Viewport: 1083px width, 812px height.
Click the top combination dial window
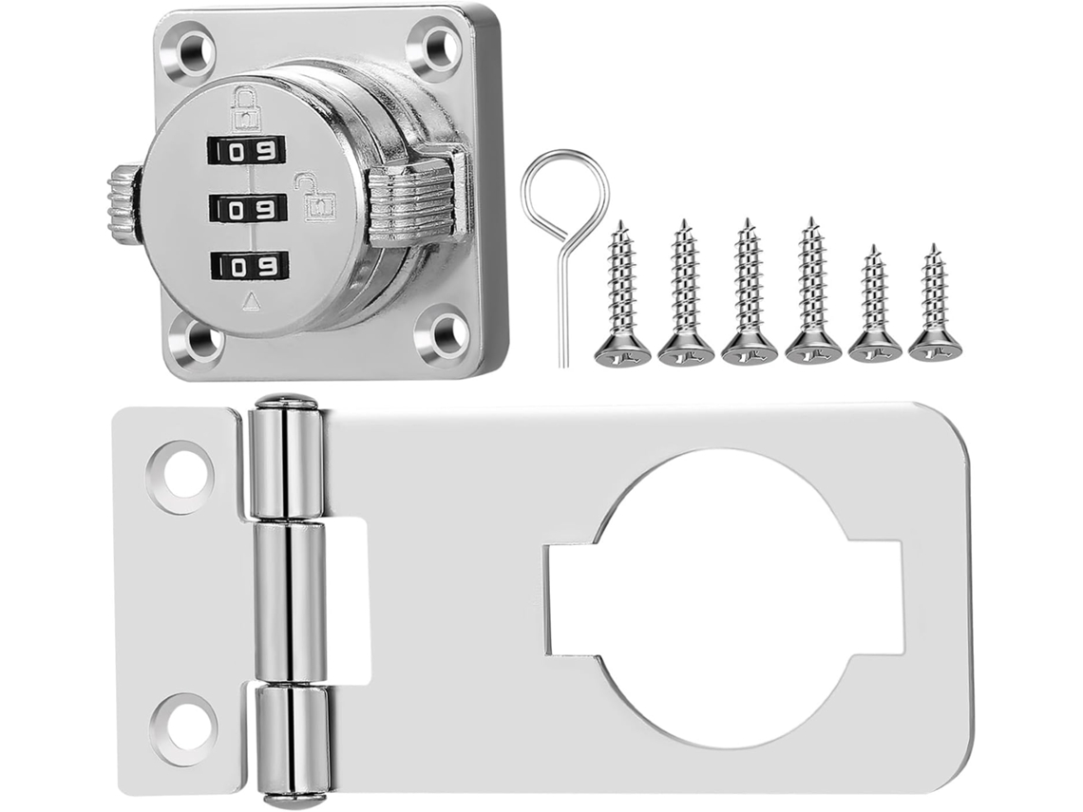(x=247, y=150)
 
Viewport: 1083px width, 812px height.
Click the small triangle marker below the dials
(x=254, y=300)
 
